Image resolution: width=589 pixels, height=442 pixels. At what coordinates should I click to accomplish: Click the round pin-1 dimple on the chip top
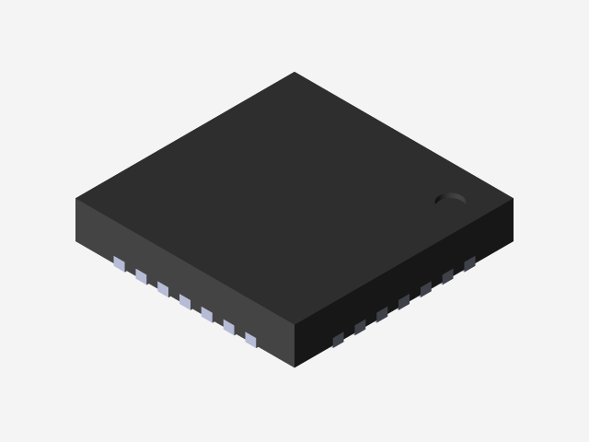[450, 198]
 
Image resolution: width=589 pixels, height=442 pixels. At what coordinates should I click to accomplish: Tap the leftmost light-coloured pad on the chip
[119, 264]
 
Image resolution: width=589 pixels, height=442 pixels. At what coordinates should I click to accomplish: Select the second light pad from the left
[141, 276]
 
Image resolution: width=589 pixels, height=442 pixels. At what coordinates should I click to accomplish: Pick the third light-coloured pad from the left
[163, 289]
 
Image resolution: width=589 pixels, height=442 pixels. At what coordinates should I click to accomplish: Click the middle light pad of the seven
[185, 302]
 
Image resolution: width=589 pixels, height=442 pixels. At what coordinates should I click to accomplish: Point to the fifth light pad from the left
[206, 315]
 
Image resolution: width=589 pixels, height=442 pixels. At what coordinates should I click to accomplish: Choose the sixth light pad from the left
[228, 328]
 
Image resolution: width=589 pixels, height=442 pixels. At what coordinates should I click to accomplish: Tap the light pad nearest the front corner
[250, 340]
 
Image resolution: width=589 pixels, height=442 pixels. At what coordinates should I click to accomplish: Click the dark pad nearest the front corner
[338, 340]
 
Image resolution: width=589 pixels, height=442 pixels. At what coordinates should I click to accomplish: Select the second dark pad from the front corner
[360, 327]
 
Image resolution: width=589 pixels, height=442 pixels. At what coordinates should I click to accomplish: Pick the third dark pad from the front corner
[382, 315]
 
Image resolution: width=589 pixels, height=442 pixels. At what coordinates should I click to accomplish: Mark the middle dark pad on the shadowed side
[404, 302]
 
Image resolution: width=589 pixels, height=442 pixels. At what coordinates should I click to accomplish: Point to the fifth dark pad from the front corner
[426, 289]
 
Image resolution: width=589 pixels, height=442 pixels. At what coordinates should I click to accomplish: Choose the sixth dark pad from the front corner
[448, 276]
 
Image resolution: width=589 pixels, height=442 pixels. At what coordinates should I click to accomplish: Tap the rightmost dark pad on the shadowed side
[469, 264]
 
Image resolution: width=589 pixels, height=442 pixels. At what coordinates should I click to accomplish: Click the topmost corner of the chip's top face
[294, 73]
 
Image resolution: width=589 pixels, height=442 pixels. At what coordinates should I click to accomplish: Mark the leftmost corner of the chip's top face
[76, 199]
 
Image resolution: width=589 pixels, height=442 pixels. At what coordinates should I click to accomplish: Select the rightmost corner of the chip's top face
[512, 199]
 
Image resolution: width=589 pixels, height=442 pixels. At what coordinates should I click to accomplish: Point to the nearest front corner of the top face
[294, 325]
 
